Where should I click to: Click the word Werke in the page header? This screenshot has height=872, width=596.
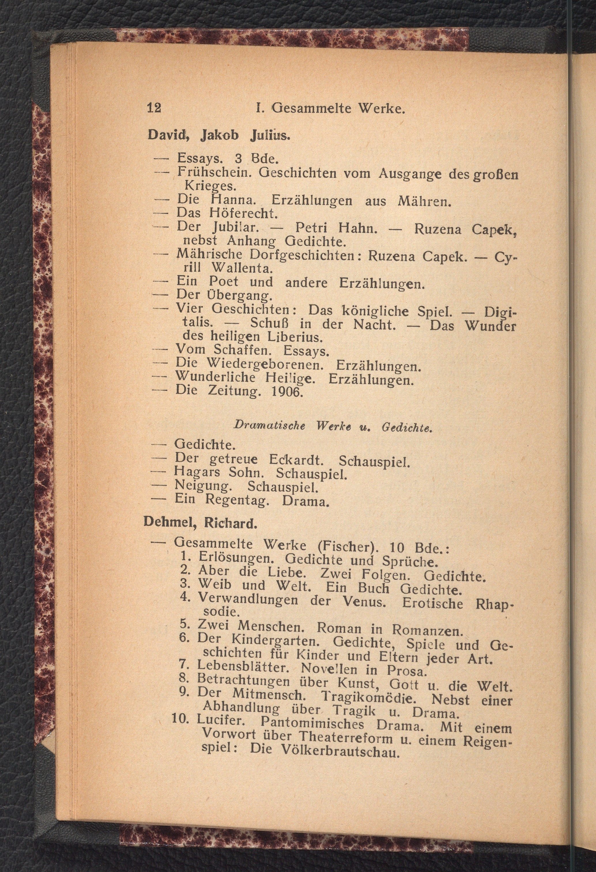pos(381,109)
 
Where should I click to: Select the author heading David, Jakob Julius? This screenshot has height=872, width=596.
pos(219,135)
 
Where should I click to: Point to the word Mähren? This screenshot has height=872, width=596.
pos(424,202)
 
